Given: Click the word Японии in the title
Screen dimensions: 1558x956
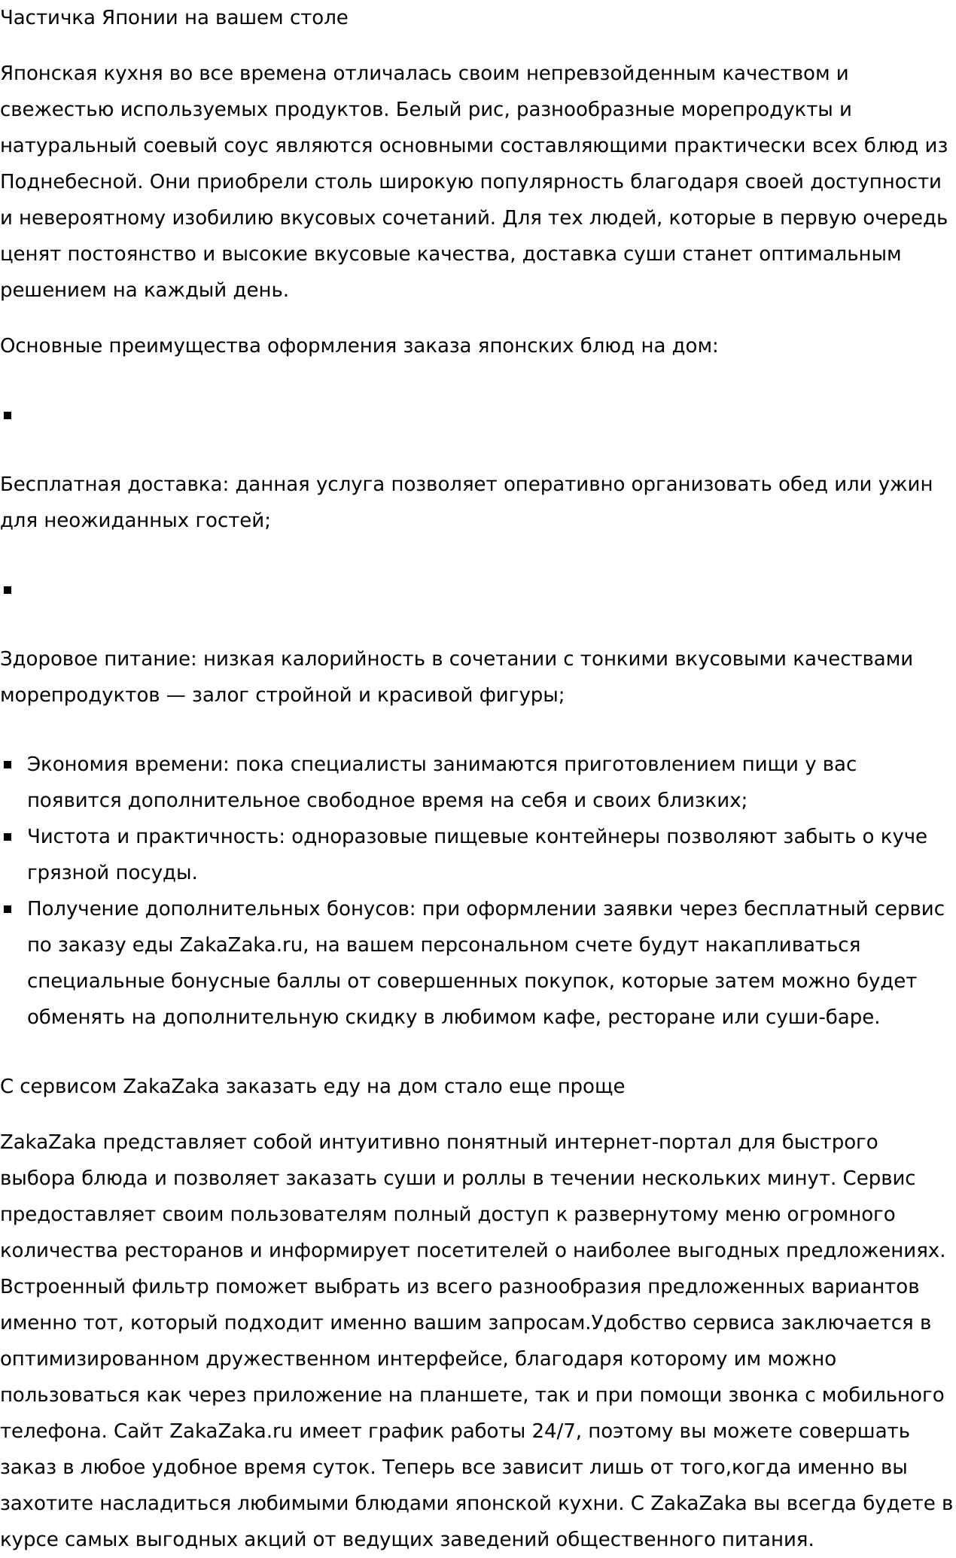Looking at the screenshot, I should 138,18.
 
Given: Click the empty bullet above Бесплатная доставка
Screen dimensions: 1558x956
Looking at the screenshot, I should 8,415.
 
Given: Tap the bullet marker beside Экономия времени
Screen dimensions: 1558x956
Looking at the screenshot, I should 8,765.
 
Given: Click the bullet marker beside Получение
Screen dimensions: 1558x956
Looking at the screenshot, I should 8,909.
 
